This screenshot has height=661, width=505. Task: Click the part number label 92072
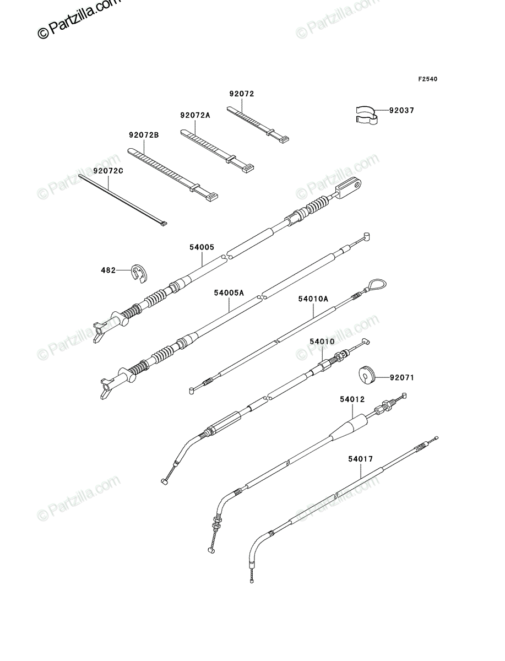click(242, 94)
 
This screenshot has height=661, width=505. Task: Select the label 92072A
click(196, 115)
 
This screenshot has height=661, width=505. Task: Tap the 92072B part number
click(144, 135)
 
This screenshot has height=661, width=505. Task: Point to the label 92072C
click(108, 171)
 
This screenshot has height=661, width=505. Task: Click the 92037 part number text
click(401, 111)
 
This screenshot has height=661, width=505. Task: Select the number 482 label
click(108, 270)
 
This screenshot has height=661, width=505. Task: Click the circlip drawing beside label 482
click(139, 273)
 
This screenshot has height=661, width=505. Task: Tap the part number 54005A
click(229, 292)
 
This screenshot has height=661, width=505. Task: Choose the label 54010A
click(313, 299)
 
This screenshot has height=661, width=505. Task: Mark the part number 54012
click(352, 399)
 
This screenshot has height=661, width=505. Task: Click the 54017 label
click(361, 459)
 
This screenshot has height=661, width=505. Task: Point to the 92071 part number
click(402, 377)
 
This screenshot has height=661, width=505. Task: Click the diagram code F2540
click(428, 79)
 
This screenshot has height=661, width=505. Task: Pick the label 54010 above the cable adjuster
click(322, 342)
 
